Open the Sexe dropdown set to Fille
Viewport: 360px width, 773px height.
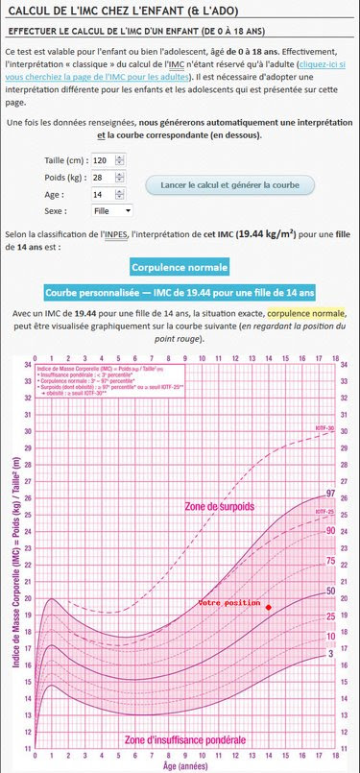click(x=111, y=210)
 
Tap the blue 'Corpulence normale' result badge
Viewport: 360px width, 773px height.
click(x=180, y=267)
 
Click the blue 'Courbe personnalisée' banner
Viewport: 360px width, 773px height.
click(x=180, y=291)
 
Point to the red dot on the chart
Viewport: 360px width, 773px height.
click(x=269, y=608)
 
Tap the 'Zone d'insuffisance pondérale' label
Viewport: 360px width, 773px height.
click(x=184, y=740)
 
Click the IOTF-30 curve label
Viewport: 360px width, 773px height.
click(x=324, y=426)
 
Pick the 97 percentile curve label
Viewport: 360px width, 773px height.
click(x=330, y=494)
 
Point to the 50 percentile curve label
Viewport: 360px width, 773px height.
click(x=330, y=592)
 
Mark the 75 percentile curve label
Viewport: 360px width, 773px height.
click(x=330, y=561)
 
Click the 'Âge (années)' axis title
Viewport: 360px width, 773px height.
click(x=182, y=766)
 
